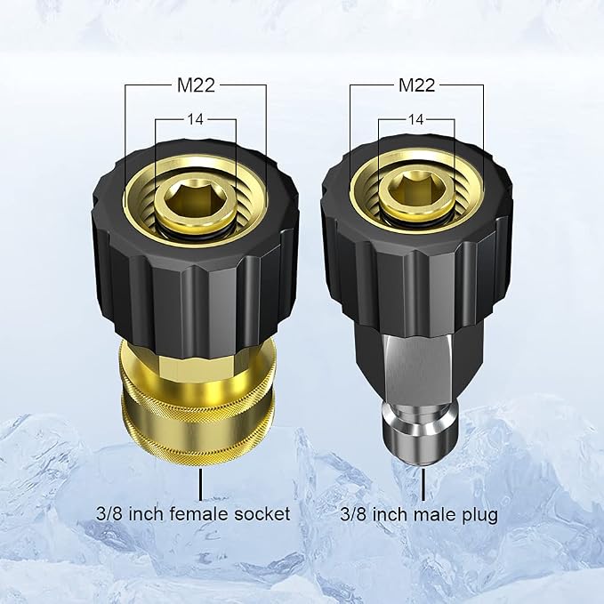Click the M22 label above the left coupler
click(x=196, y=85)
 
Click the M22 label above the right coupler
click(x=417, y=85)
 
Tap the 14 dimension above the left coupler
click(x=196, y=119)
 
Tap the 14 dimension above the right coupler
click(x=416, y=120)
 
